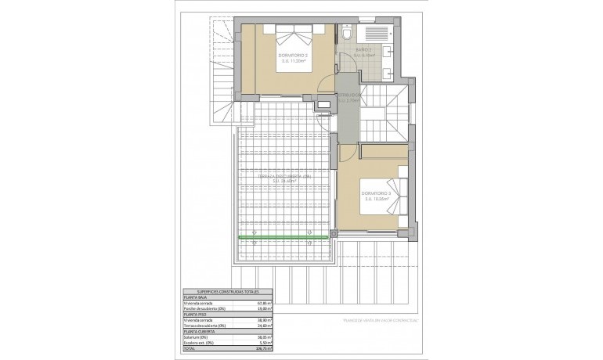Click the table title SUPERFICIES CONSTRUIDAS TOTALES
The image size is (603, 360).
(226, 291)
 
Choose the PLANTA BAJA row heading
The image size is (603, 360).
(197, 297)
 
